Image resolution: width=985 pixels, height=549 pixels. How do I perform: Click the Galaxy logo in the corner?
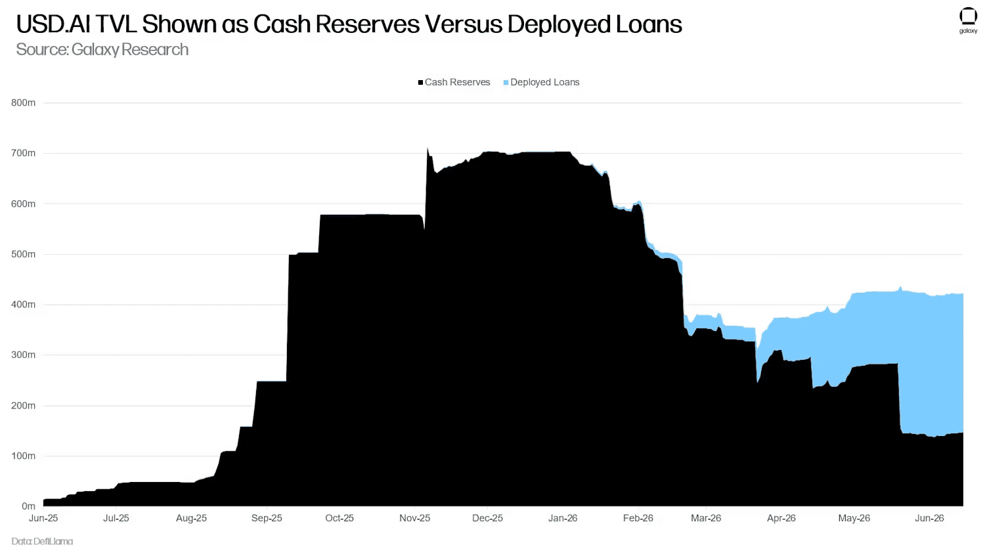pyautogui.click(x=968, y=20)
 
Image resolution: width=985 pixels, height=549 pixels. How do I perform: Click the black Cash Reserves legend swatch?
pyautogui.click(x=420, y=82)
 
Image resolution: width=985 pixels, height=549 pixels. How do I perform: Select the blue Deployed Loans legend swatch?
pyautogui.click(x=506, y=82)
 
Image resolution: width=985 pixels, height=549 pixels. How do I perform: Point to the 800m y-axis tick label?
pyautogui.click(x=23, y=103)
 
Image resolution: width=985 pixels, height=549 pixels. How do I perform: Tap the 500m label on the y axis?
pyautogui.click(x=23, y=254)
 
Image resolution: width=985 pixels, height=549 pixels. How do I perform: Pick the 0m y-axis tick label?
pyautogui.click(x=29, y=506)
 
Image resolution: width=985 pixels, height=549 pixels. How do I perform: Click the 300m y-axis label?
pyautogui.click(x=23, y=355)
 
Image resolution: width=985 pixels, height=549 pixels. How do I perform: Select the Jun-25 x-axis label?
pyautogui.click(x=43, y=518)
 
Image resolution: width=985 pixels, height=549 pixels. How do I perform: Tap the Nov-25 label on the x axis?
pyautogui.click(x=414, y=518)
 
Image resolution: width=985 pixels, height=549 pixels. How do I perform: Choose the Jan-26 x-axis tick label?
pyautogui.click(x=563, y=518)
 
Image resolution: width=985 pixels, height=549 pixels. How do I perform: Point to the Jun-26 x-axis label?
pyautogui.click(x=929, y=518)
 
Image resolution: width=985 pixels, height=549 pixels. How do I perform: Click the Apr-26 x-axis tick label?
pyautogui.click(x=781, y=518)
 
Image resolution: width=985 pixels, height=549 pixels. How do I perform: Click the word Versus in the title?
pyautogui.click(x=464, y=24)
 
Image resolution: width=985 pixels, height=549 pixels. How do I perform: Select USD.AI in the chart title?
pyautogui.click(x=53, y=24)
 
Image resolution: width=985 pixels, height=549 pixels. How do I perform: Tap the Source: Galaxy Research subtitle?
pyautogui.click(x=102, y=49)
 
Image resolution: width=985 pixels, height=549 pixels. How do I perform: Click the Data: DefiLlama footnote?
pyautogui.click(x=42, y=542)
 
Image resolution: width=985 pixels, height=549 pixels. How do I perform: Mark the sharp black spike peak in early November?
pyautogui.click(x=427, y=148)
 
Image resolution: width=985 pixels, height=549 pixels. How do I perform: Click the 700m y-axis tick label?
pyautogui.click(x=23, y=153)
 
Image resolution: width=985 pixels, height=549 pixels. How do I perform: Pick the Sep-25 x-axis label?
pyautogui.click(x=267, y=518)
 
